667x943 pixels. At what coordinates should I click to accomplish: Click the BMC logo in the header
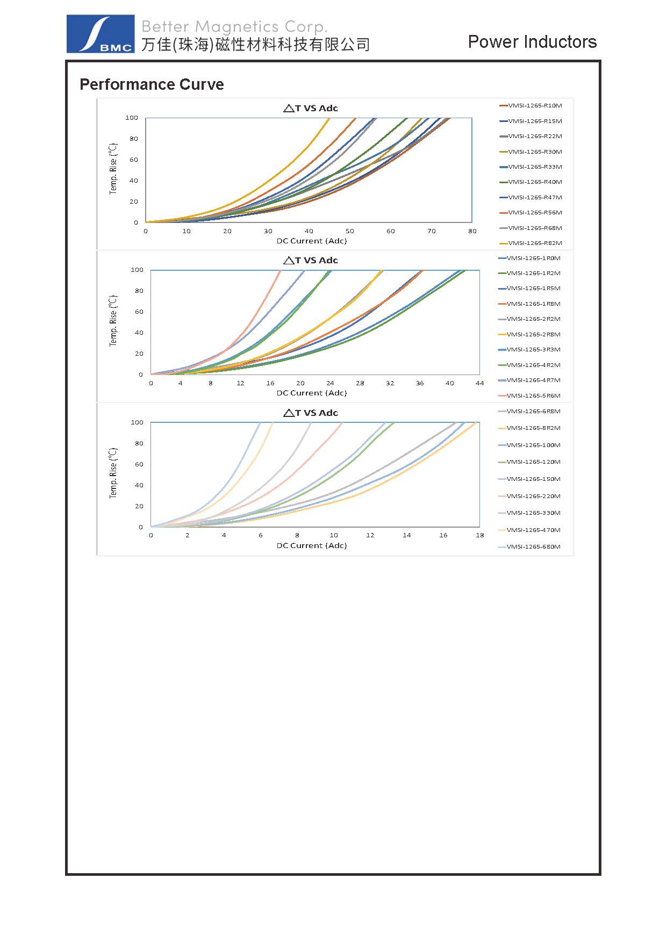click(101, 34)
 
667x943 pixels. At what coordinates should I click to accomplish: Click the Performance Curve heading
click(152, 84)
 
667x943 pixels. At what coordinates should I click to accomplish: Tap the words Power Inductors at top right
click(532, 42)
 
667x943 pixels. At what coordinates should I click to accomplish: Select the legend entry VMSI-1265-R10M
click(534, 106)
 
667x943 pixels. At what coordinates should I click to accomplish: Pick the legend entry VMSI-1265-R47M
click(534, 197)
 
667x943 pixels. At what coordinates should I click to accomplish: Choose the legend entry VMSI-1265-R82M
click(534, 243)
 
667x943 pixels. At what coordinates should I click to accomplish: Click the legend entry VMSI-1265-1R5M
click(533, 289)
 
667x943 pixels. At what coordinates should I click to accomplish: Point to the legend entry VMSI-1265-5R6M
click(533, 395)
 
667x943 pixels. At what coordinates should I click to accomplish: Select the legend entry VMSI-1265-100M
click(533, 445)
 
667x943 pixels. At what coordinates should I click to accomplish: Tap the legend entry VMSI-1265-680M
click(533, 546)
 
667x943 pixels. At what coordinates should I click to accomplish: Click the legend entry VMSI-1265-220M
click(533, 496)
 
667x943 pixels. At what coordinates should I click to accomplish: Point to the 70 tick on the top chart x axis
click(432, 231)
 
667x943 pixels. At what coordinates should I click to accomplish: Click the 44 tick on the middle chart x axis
click(479, 383)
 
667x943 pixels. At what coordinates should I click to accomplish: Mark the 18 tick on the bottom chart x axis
click(479, 535)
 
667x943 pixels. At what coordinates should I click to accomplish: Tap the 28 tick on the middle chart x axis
click(360, 383)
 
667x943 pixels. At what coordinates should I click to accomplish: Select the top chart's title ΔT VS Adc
click(311, 108)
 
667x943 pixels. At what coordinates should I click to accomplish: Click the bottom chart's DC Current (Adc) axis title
click(312, 545)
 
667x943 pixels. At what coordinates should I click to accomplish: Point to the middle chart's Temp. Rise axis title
click(113, 321)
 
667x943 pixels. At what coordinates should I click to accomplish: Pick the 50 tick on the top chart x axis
click(350, 231)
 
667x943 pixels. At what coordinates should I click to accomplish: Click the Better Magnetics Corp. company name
click(234, 27)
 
